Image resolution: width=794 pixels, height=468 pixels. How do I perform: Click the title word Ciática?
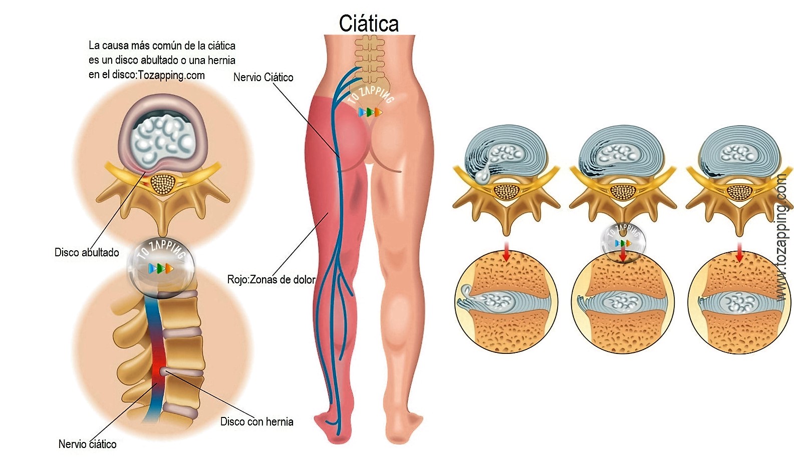(x=369, y=24)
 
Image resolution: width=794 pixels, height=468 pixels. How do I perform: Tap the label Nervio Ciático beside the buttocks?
(x=263, y=77)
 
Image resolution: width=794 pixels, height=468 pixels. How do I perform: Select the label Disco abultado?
(x=87, y=252)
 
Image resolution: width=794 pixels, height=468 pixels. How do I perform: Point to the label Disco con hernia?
(x=256, y=421)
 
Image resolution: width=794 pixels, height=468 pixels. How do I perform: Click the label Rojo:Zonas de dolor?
(x=271, y=279)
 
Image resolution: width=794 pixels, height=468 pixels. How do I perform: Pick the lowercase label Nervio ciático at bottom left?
(x=87, y=444)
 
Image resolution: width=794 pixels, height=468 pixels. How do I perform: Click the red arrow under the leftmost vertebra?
(x=506, y=252)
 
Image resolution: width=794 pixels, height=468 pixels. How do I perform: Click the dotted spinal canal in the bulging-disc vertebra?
(x=163, y=184)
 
